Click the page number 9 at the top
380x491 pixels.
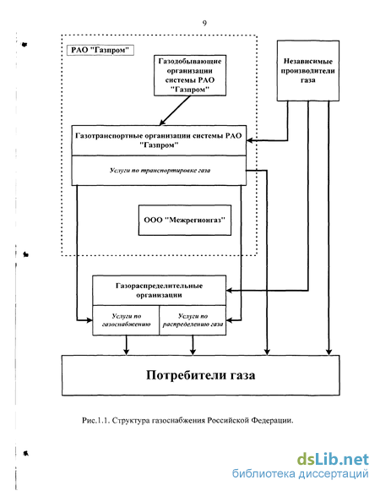(x=204, y=23)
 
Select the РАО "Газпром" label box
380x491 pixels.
(x=100, y=50)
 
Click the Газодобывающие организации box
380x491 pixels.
(x=190, y=75)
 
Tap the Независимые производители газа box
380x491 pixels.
(x=308, y=71)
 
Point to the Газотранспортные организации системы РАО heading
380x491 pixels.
(x=159, y=140)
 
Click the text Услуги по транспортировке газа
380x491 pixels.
(x=160, y=171)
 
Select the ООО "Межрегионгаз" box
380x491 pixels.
(x=185, y=220)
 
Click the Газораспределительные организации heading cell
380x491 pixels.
(x=159, y=290)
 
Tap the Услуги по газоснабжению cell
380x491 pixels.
(x=126, y=320)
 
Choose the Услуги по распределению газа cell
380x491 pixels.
(x=193, y=320)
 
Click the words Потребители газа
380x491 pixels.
(x=201, y=375)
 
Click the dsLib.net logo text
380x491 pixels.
(x=333, y=460)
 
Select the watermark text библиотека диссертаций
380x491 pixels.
(x=301, y=473)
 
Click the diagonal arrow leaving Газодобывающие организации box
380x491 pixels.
(x=175, y=111)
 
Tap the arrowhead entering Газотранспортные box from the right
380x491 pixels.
(x=250, y=140)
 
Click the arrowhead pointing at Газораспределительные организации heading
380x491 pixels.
(x=230, y=291)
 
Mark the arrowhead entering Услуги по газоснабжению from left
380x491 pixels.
(x=90, y=320)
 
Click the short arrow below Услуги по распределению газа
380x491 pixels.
(x=193, y=345)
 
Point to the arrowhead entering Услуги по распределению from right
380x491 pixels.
(x=230, y=320)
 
